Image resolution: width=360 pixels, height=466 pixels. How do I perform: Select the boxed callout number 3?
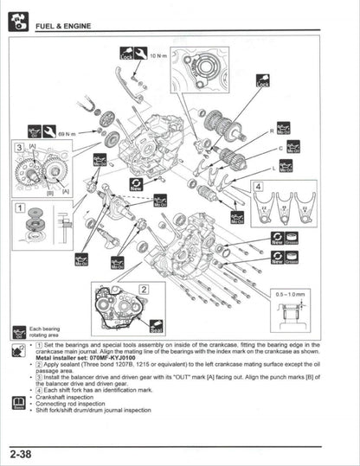pyautogui.click(x=18, y=149)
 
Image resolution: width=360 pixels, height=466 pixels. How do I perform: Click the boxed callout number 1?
pyautogui.click(x=18, y=207)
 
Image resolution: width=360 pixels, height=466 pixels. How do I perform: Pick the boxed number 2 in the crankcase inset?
pyautogui.click(x=145, y=290)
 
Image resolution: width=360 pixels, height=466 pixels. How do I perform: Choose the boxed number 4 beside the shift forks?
pyautogui.click(x=257, y=186)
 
